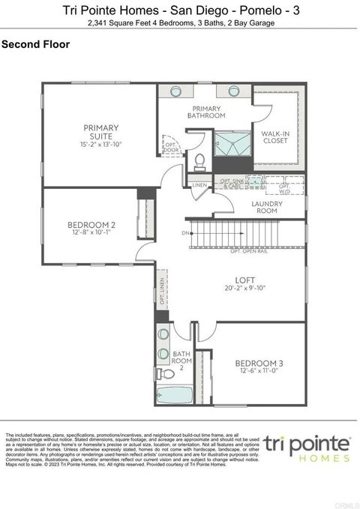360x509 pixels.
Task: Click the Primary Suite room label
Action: point(101,132)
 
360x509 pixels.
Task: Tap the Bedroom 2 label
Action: point(91,225)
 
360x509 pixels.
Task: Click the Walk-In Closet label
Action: point(274,137)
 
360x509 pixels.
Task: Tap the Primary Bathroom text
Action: point(205,112)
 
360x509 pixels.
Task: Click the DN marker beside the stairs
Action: point(185,233)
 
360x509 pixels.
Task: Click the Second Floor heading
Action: point(36,44)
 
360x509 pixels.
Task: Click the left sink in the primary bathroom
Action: point(176,91)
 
